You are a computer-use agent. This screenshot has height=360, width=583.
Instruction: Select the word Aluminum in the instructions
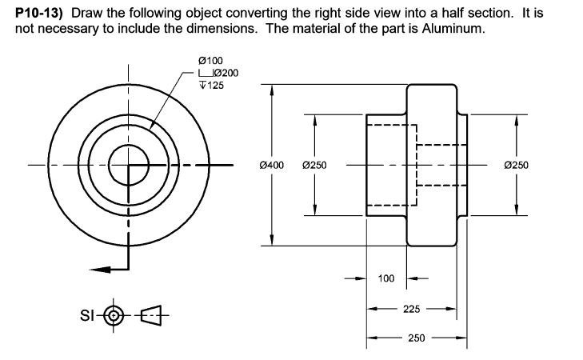pos(456,29)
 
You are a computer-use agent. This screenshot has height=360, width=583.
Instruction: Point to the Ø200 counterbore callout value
pos(223,73)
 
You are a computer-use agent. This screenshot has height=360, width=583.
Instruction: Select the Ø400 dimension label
pos(272,166)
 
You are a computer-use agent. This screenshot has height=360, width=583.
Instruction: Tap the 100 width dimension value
pos(386,279)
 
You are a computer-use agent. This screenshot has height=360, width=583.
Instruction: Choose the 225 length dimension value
pos(412,309)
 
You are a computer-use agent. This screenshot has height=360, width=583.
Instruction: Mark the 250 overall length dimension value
pos(416,338)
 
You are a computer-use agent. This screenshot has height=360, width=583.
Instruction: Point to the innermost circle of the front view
pos(127,166)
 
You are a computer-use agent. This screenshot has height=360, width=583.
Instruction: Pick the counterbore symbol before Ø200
pos(203,74)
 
